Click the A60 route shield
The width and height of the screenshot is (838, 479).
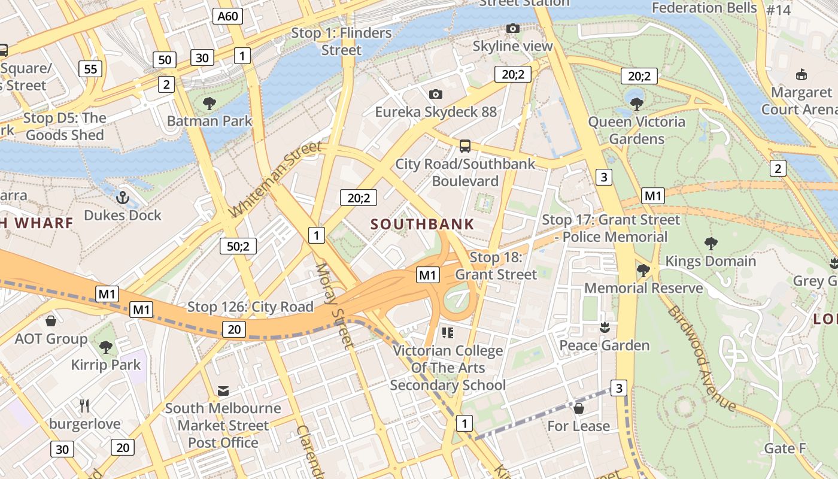click(228, 16)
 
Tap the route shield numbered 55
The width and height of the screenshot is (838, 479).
click(90, 69)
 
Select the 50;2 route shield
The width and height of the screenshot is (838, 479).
click(238, 245)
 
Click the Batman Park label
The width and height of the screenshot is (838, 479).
click(209, 121)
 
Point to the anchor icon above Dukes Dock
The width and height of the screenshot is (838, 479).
click(123, 197)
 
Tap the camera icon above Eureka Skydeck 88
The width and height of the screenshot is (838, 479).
click(436, 94)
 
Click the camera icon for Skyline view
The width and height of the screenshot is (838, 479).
click(512, 28)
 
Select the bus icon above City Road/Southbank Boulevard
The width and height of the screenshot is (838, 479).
click(464, 145)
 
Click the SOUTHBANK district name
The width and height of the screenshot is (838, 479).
click(422, 225)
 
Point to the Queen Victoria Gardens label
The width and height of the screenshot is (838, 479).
click(636, 131)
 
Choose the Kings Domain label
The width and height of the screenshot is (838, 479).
click(711, 261)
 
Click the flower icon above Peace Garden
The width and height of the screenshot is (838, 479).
click(604, 328)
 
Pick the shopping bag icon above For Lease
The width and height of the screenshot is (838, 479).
click(578, 408)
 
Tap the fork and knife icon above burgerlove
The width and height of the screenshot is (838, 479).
click(84, 406)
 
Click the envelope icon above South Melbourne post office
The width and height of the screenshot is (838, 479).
click(223, 391)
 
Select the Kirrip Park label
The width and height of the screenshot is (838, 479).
click(106, 365)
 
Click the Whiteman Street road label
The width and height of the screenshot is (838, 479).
click(275, 180)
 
